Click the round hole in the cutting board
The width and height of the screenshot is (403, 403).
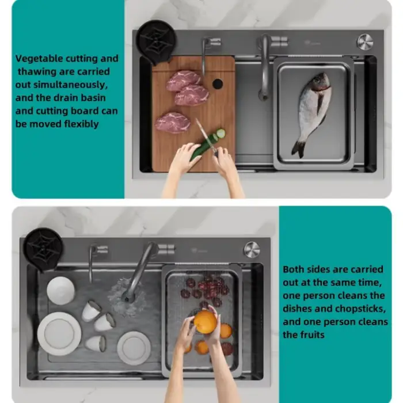click(x=217, y=83)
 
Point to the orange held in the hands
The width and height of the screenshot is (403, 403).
click(x=205, y=322)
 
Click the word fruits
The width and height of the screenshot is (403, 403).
click(x=313, y=335)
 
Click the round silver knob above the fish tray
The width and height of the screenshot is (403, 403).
click(x=364, y=41)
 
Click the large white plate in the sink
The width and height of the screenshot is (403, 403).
click(x=59, y=333)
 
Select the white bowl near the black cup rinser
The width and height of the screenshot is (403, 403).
click(x=60, y=290)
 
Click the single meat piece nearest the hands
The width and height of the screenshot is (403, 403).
click(x=173, y=122)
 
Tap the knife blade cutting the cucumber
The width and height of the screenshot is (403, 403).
click(x=203, y=134)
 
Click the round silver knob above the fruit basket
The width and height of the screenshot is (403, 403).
click(x=252, y=249)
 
